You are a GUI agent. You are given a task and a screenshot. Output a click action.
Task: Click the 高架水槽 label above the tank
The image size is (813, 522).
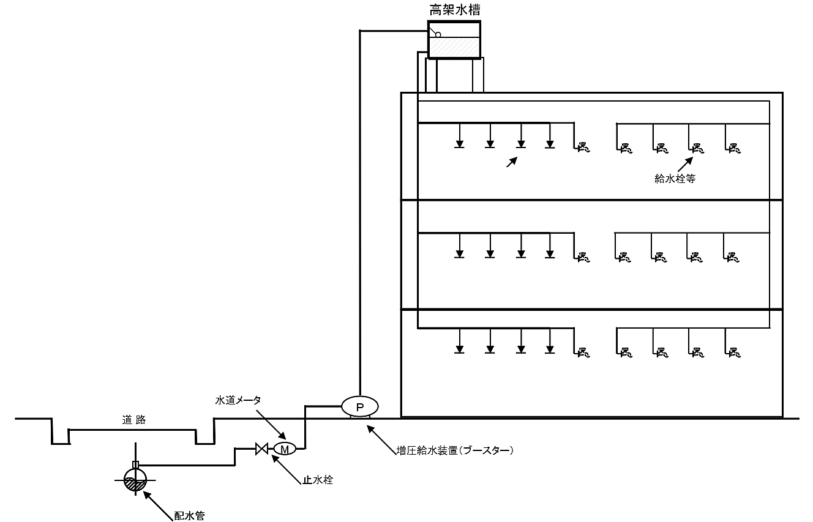(x=454, y=10)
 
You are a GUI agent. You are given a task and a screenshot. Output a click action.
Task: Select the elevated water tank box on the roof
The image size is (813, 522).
(x=454, y=40)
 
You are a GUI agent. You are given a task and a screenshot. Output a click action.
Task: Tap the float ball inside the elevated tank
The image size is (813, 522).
(x=438, y=34)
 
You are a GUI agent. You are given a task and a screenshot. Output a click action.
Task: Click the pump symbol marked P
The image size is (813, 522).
(x=359, y=406)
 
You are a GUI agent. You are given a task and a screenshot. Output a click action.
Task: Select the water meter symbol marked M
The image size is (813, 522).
(x=284, y=449)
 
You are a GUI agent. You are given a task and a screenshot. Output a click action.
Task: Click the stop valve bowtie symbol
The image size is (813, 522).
(x=261, y=449)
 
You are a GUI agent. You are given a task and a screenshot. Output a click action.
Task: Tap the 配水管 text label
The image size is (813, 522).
(x=189, y=516)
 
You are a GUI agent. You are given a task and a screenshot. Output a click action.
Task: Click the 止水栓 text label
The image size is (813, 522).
(x=318, y=480)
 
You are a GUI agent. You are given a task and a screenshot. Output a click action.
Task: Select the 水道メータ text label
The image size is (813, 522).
(x=238, y=400)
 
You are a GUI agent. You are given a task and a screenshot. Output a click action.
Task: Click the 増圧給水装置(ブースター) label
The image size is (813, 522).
(x=454, y=450)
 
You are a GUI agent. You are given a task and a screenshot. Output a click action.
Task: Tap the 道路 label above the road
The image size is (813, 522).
(x=133, y=420)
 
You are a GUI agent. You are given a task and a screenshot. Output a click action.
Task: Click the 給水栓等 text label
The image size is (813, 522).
(x=675, y=179)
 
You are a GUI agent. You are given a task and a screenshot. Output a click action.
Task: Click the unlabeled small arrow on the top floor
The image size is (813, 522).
(x=512, y=162)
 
